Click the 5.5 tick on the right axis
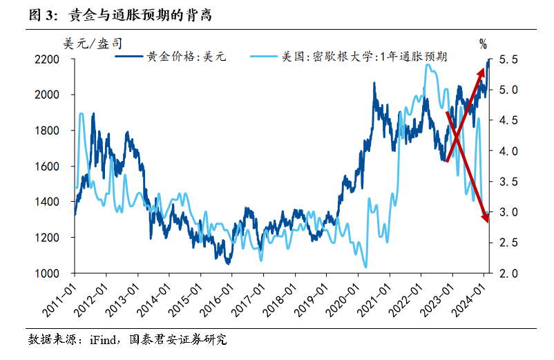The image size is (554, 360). tap(508, 59)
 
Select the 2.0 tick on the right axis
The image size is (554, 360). tap(508, 273)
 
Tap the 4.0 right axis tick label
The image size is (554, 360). tap(508, 151)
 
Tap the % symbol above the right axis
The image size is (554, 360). tap(483, 44)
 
